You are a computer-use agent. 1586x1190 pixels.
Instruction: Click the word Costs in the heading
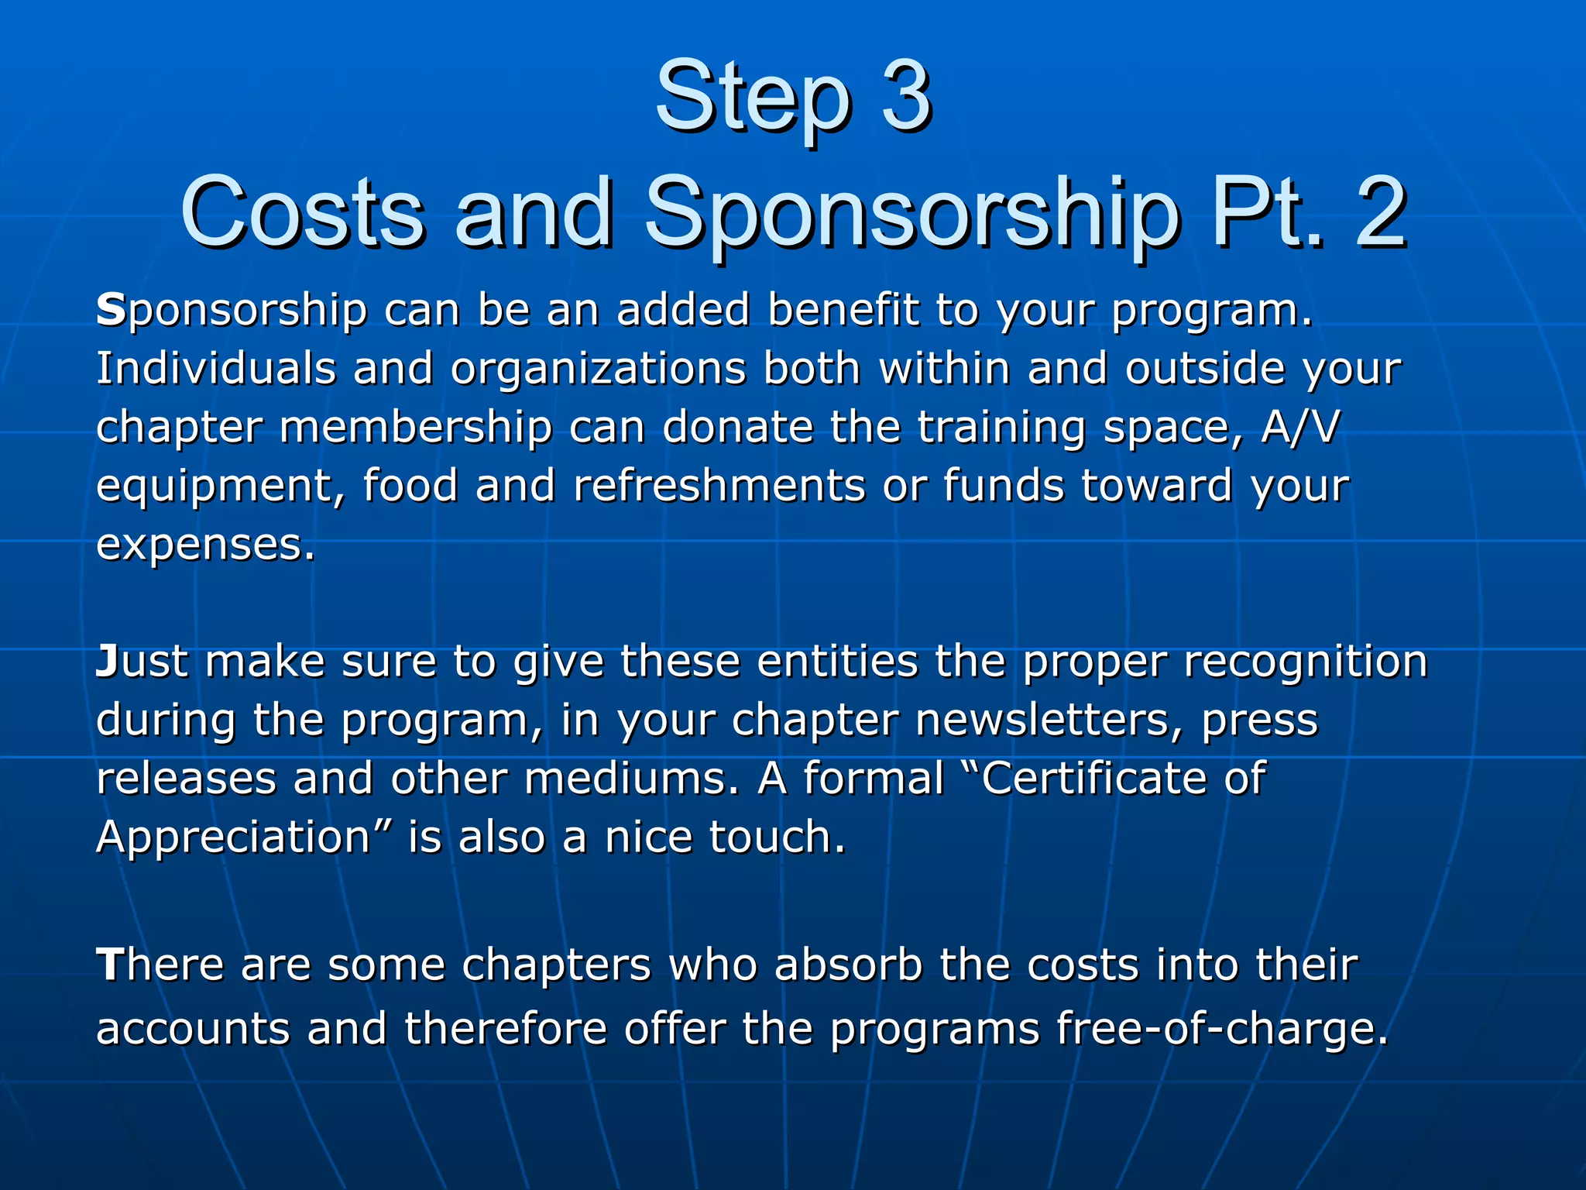click(302, 212)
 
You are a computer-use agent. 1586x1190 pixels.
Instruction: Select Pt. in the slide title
click(1261, 212)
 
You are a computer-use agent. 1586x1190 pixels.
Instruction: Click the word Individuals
click(216, 368)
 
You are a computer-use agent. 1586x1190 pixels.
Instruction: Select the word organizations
click(598, 370)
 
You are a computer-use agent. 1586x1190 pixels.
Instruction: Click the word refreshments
click(719, 486)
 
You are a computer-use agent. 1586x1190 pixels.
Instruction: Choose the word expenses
click(205, 545)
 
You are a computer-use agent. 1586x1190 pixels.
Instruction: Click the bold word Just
click(142, 662)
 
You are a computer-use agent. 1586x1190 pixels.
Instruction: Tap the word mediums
click(631, 779)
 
